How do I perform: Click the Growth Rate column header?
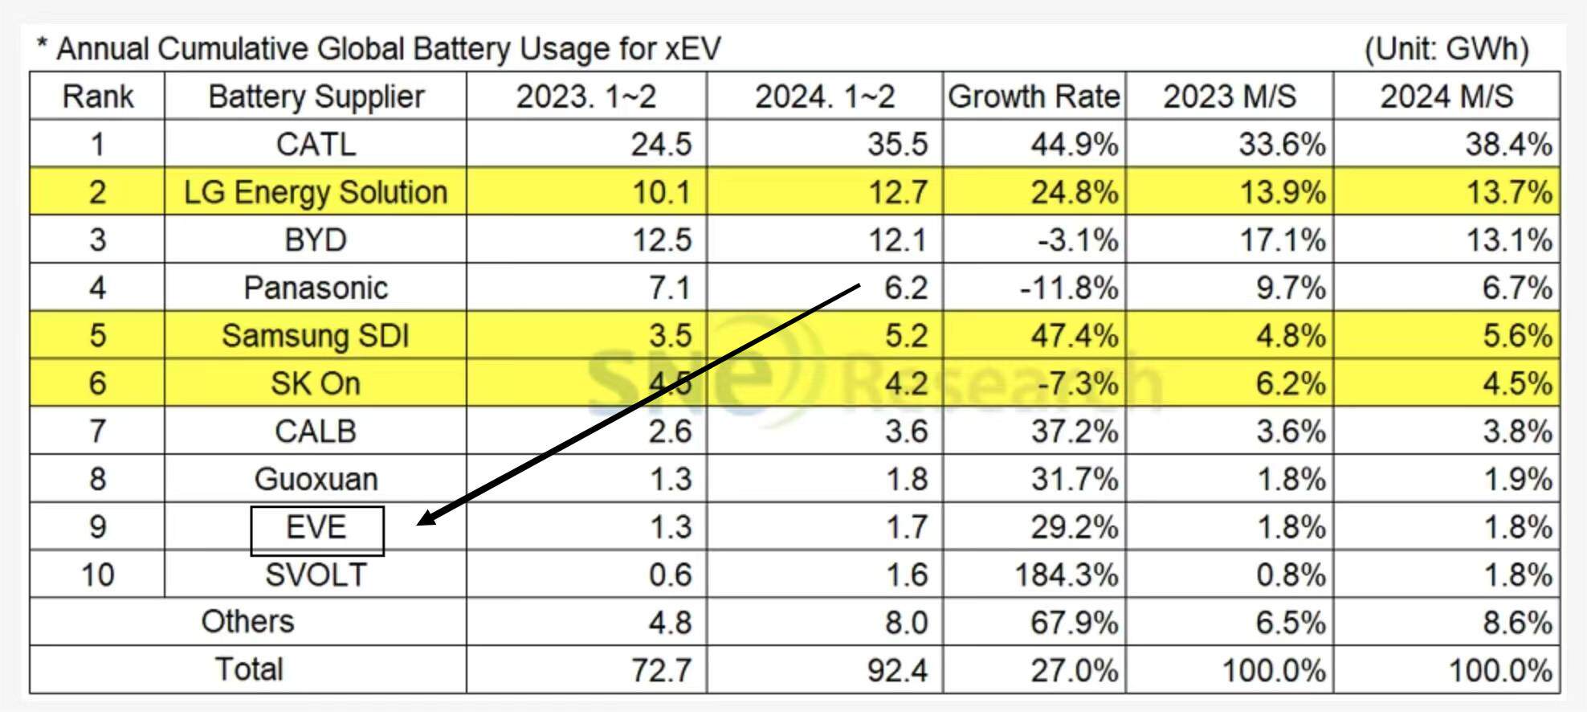[x=1034, y=96]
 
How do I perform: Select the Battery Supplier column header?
[x=316, y=96]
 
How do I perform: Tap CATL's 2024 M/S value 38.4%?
[x=1507, y=145]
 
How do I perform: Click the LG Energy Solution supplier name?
[x=316, y=193]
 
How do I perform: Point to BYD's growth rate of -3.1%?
[x=1077, y=240]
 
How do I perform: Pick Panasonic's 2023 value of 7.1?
[x=669, y=288]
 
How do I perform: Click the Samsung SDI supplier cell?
[x=316, y=336]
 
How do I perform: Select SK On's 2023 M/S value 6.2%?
[x=1290, y=383]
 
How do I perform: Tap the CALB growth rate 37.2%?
[x=1074, y=432]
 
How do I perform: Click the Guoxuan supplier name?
[x=316, y=480]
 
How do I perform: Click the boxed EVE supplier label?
[x=316, y=528]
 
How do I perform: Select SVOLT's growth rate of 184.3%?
[x=1066, y=575]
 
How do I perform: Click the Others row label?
[x=247, y=622]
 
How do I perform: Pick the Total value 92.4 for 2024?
[x=897, y=669]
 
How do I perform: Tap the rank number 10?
[x=97, y=575]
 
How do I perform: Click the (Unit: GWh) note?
[x=1446, y=49]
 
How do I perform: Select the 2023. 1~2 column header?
[x=585, y=96]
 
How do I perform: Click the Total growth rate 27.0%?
[x=1074, y=669]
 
